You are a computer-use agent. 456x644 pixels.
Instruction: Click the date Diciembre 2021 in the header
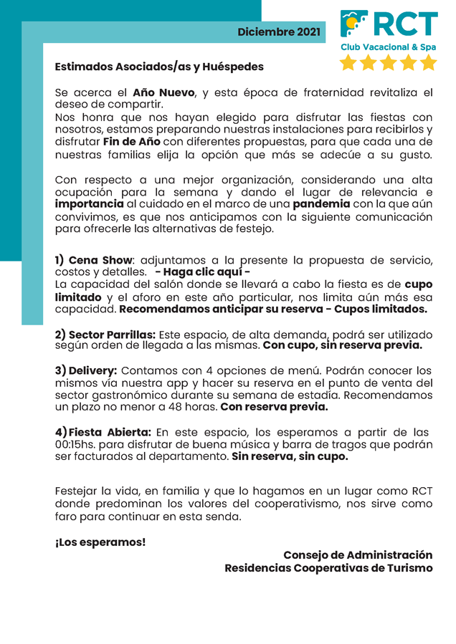[279, 32]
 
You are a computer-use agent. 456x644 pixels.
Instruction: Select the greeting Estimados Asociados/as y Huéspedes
[159, 67]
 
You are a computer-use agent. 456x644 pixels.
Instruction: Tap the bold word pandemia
[331, 203]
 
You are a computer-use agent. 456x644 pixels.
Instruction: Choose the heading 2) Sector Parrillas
[105, 335]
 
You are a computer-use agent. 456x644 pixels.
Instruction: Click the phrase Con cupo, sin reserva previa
[343, 345]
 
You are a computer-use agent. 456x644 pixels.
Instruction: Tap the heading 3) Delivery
[86, 371]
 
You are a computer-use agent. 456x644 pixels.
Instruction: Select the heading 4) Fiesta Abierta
[103, 433]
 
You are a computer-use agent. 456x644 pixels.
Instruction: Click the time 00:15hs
[77, 445]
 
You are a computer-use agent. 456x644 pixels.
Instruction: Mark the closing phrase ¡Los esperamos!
[100, 542]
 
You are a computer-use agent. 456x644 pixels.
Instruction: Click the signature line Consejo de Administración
[358, 555]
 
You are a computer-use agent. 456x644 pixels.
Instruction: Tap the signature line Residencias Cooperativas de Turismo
[328, 568]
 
